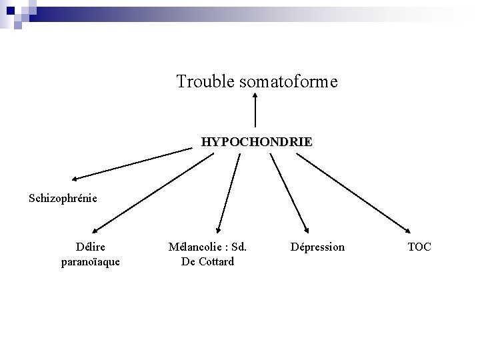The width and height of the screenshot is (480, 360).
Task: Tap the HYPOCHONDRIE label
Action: [257, 142]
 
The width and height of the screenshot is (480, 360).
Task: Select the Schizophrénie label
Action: [63, 197]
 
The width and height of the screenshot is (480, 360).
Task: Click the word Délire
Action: [91, 247]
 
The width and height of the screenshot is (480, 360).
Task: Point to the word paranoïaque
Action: [91, 261]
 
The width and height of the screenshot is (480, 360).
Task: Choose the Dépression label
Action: [317, 247]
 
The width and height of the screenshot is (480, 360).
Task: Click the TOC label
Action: [419, 247]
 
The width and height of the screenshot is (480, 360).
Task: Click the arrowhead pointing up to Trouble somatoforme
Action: [255, 97]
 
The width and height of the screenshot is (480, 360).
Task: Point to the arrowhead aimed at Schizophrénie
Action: [75, 179]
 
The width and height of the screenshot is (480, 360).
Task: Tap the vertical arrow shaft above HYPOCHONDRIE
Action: [255, 113]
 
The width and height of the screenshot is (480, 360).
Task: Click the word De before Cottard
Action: [188, 261]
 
